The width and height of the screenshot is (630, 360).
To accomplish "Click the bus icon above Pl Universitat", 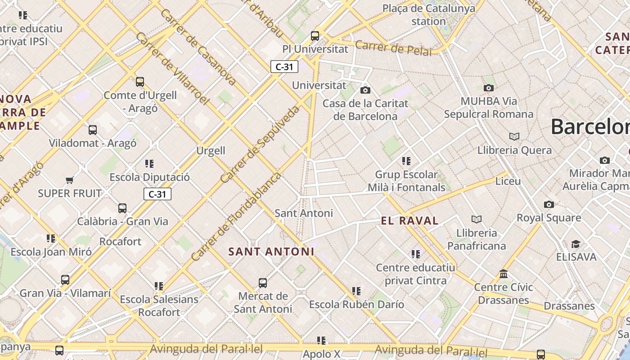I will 315,36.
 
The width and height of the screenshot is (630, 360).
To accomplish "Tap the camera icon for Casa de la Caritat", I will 365,90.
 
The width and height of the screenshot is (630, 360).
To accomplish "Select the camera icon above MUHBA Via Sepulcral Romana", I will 488,88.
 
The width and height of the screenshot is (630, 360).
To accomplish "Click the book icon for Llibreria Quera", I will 514,136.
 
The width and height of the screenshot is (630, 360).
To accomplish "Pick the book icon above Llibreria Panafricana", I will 477,219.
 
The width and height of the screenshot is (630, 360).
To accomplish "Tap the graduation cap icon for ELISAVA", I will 576,244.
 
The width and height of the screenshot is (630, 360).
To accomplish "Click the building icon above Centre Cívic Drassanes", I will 504,274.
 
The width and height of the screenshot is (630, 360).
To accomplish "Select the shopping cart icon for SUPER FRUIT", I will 69,180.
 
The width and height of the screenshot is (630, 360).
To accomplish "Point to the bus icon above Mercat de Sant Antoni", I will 263,283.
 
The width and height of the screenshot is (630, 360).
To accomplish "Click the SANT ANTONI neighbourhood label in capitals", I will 271,252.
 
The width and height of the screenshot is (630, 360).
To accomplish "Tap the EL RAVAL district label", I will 409,220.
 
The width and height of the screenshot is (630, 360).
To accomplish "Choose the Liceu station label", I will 508,181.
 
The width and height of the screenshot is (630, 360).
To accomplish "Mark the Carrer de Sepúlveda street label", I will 260,145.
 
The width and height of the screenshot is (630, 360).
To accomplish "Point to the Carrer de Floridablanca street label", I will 236,217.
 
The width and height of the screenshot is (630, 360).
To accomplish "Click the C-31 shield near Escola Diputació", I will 157,194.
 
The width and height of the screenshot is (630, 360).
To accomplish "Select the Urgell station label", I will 211,150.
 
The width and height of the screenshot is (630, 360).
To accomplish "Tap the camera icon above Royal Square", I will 549,204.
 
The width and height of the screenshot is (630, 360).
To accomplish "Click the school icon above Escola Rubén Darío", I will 356,291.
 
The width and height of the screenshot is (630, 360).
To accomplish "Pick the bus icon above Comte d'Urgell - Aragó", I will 140,82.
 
